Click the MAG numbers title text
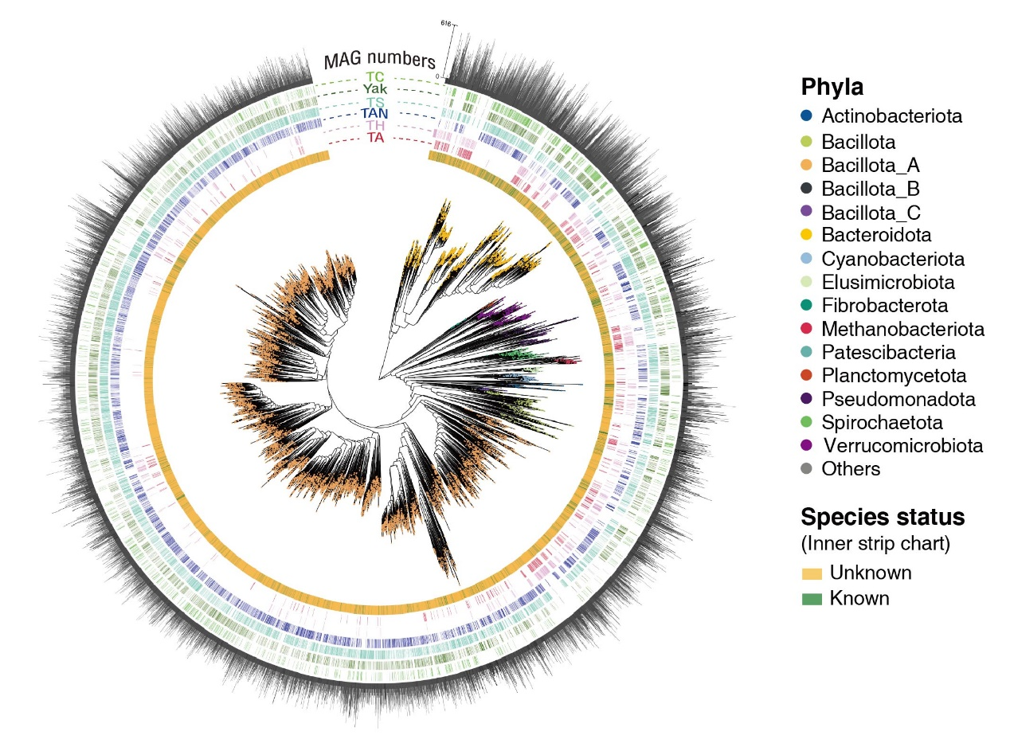pos(379,61)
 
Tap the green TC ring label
pos(375,77)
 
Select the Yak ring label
pos(376,89)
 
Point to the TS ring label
pos(376,102)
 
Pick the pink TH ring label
pos(376,126)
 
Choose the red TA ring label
pos(376,138)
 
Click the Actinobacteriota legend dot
pos(806,116)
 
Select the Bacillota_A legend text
pos(871,166)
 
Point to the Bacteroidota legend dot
pos(806,236)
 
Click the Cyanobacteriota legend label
pos(893,259)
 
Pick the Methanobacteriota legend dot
pos(806,329)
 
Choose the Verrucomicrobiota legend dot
pos(806,445)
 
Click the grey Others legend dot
pos(806,469)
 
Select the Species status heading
pos(883,518)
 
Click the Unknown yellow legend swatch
pos(811,573)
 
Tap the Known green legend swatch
pos(811,599)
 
